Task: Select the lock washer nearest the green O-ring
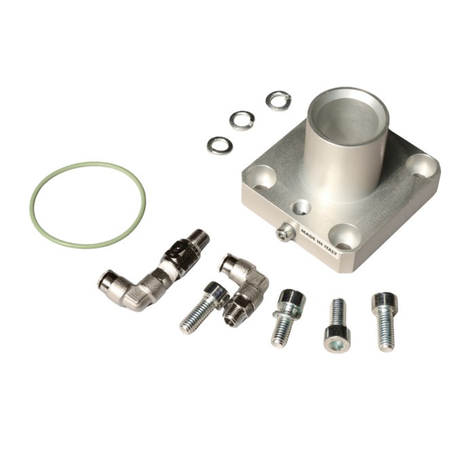tap(220, 145)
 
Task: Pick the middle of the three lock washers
tap(242, 120)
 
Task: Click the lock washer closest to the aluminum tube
tap(278, 100)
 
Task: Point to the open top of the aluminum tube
tap(348, 116)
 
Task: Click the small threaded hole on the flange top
tap(301, 208)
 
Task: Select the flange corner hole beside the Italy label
tap(344, 237)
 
